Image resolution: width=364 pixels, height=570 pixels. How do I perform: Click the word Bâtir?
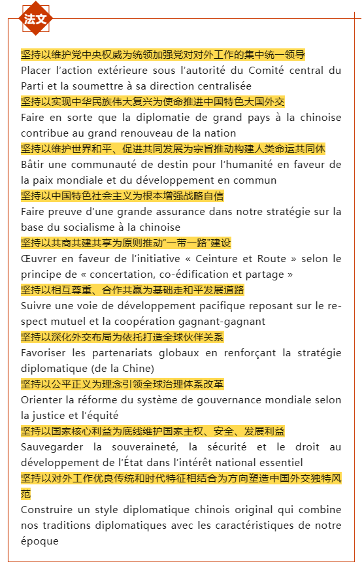(x=33, y=164)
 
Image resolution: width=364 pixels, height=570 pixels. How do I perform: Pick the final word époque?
(x=39, y=541)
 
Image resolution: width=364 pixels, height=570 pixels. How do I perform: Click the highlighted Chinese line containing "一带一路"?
(x=126, y=243)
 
